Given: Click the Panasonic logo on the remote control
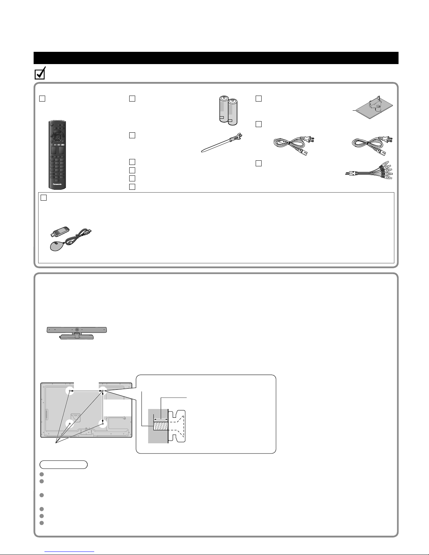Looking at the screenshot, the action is pos(57,184).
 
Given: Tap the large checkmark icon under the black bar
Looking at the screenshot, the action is pos(40,74).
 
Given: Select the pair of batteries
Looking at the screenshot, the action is pos(228,110).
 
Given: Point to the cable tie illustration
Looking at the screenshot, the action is pos(222,143).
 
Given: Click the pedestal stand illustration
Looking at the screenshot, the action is pos(373,107).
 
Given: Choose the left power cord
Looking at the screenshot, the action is pos(294,146).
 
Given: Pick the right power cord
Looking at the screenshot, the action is pos(372,146).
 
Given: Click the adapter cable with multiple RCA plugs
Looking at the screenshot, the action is pos(369,171).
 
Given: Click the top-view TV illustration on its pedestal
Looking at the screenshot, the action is pos(77,333).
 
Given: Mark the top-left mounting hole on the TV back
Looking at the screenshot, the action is pos(70,391).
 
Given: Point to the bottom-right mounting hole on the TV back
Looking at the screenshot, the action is pos(103,423).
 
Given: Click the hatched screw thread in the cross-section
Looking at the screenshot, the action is pos(160,426).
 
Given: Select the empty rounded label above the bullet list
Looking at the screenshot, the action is pos(64,465).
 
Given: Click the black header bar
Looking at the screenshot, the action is pos(216,58).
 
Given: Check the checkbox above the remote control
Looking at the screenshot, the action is pos(42,99).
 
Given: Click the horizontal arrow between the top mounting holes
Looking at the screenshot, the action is pos(86,391).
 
